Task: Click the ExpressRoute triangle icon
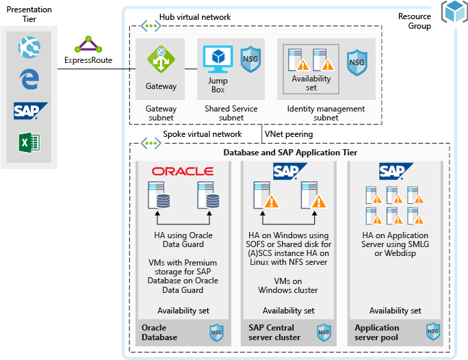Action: (88, 45)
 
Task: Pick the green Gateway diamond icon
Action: (161, 60)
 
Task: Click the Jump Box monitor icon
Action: (217, 60)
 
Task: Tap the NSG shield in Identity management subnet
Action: (356, 61)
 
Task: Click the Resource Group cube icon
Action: (453, 12)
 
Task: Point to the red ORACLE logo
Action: (183, 171)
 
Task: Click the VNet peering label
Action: (290, 134)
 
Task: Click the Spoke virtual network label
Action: (202, 134)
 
